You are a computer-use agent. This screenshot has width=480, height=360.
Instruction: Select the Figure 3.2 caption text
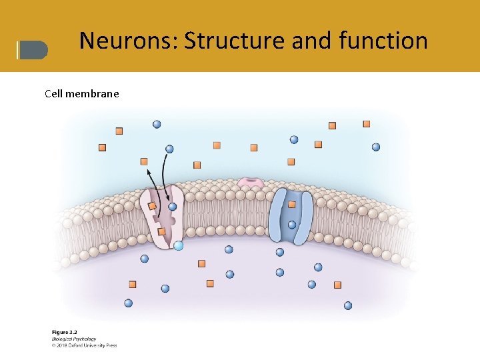pyautogui.click(x=65, y=332)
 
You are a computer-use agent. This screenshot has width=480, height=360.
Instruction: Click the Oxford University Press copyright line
pyautogui.click(x=84, y=345)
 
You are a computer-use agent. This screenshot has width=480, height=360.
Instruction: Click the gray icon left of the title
pyautogui.click(x=33, y=50)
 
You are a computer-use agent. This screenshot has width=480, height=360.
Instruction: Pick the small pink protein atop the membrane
pyautogui.click(x=251, y=181)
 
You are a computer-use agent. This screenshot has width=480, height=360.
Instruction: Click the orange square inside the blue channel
pyautogui.click(x=291, y=204)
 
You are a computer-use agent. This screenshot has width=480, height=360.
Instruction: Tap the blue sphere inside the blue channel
pyautogui.click(x=291, y=224)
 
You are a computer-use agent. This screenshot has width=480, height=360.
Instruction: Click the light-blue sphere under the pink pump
pyautogui.click(x=178, y=245)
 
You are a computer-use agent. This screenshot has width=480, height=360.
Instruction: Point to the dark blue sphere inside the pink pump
pyautogui.click(x=172, y=207)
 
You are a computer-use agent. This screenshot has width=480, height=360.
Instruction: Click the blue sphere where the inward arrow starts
pyautogui.click(x=169, y=149)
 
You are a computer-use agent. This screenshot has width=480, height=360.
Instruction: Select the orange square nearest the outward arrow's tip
pyautogui.click(x=144, y=161)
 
